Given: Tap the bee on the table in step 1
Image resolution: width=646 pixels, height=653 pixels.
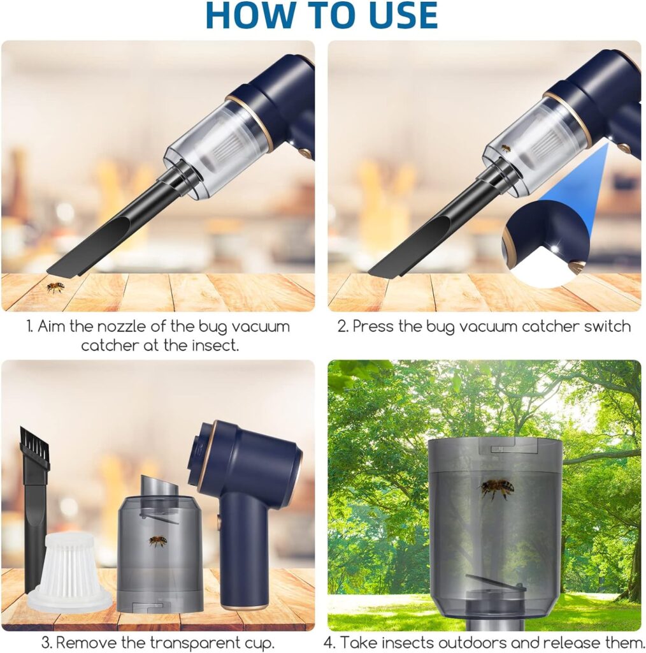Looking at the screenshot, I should (55, 287).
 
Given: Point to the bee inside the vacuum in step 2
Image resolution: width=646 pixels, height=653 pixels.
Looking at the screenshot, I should (505, 148).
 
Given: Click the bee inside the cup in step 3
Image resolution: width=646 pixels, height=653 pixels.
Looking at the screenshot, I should (158, 541).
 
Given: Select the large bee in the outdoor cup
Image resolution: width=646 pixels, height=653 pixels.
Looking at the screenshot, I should (497, 488).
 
